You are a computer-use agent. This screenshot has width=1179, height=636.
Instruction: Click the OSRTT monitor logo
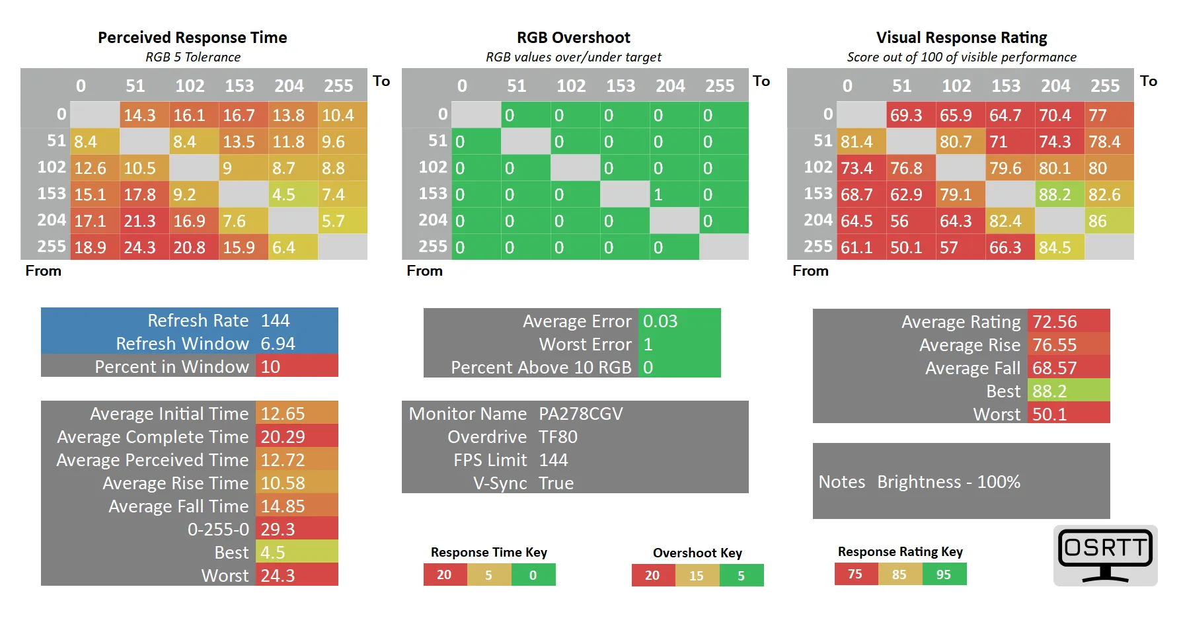click(x=1105, y=555)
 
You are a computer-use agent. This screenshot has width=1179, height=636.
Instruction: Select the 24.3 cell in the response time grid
click(x=140, y=247)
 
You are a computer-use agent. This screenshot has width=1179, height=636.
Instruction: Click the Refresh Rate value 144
click(x=276, y=321)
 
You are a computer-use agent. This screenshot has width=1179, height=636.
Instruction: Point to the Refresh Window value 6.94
click(x=278, y=344)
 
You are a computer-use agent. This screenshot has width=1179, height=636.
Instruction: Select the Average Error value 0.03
click(x=660, y=321)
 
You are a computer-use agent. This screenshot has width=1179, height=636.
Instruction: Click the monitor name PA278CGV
click(x=581, y=414)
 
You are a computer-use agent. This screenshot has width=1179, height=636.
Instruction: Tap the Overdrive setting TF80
click(x=558, y=437)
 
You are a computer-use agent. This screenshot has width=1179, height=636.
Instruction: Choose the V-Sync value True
click(x=556, y=483)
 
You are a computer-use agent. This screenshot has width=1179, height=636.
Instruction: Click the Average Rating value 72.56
click(x=1055, y=322)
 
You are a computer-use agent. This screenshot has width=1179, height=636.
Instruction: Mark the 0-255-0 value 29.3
click(x=278, y=530)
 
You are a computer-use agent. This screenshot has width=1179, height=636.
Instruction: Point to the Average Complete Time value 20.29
click(x=283, y=437)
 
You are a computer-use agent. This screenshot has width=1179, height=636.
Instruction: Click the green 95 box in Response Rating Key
click(x=944, y=575)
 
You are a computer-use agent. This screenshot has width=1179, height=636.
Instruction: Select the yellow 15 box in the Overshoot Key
click(x=697, y=576)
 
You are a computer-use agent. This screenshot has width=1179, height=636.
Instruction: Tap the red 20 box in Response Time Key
click(x=444, y=575)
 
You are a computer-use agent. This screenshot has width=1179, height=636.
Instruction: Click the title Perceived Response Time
click(x=192, y=38)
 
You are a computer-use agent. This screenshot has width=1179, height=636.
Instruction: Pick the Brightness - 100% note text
click(x=948, y=482)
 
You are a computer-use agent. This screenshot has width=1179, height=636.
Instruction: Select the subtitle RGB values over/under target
click(x=573, y=58)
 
